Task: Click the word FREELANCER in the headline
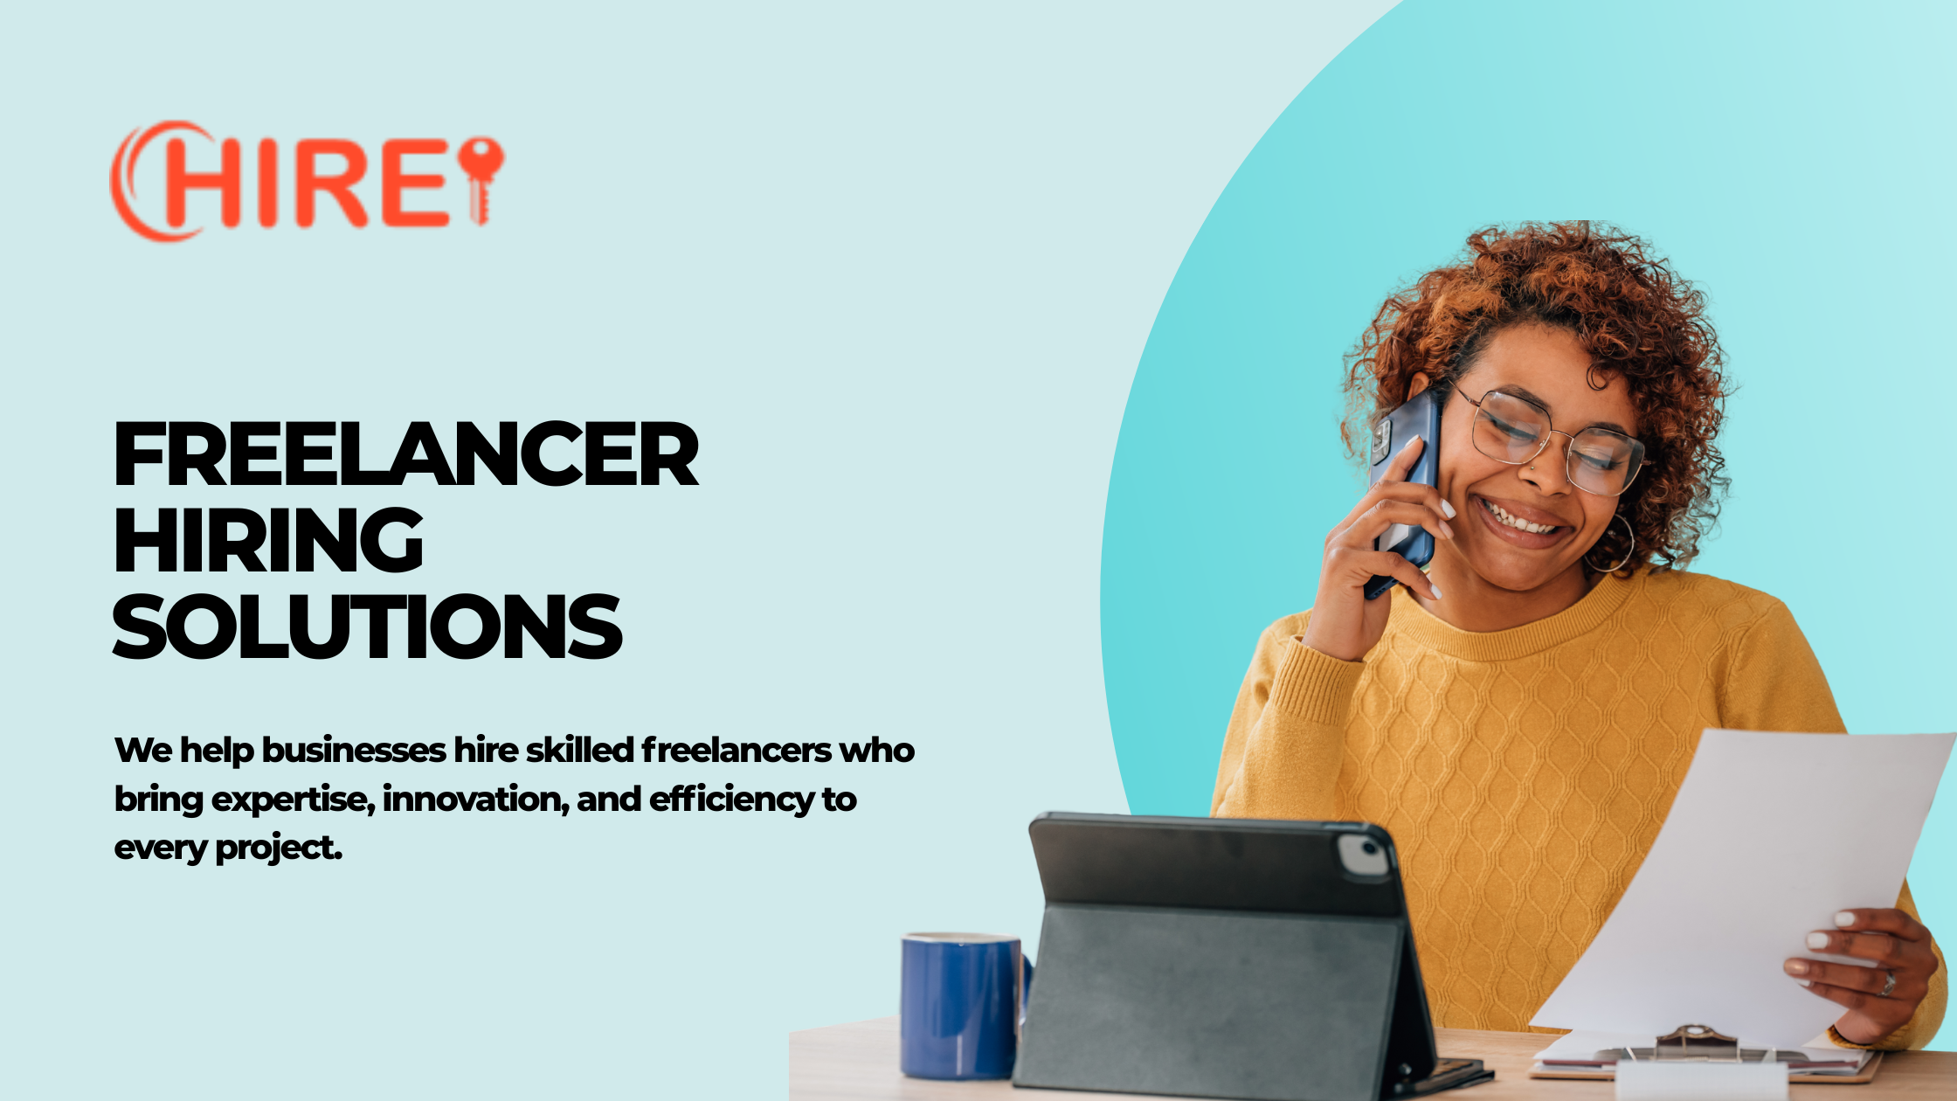point(406,454)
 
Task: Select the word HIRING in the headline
point(268,540)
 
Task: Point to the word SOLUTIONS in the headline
point(367,626)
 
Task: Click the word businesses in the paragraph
point(354,750)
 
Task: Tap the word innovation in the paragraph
point(476,799)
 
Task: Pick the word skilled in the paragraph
point(579,750)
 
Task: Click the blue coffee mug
point(962,1005)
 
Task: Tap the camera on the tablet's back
point(1364,855)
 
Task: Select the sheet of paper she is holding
point(1739,883)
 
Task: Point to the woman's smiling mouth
point(1522,523)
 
